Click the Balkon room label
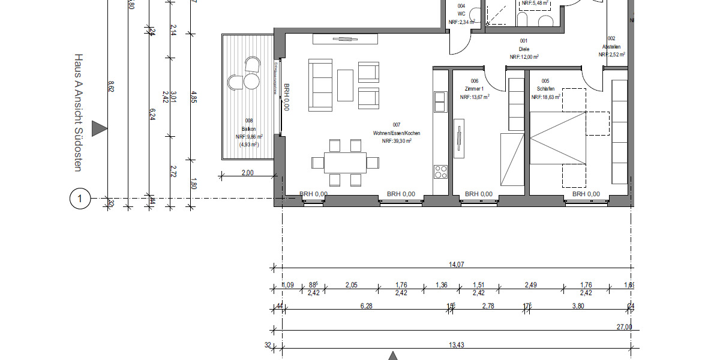248,129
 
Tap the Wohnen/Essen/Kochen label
397,133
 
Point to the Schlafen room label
545,88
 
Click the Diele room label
524,49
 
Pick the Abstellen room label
611,47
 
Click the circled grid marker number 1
80,198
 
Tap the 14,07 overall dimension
457,265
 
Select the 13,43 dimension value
457,344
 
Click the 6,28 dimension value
366,307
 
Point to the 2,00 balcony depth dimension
247,173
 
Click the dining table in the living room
345,162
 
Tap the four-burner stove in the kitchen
440,172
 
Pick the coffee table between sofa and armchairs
345,86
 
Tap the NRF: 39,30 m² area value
396,141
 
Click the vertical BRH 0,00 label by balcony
287,97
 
